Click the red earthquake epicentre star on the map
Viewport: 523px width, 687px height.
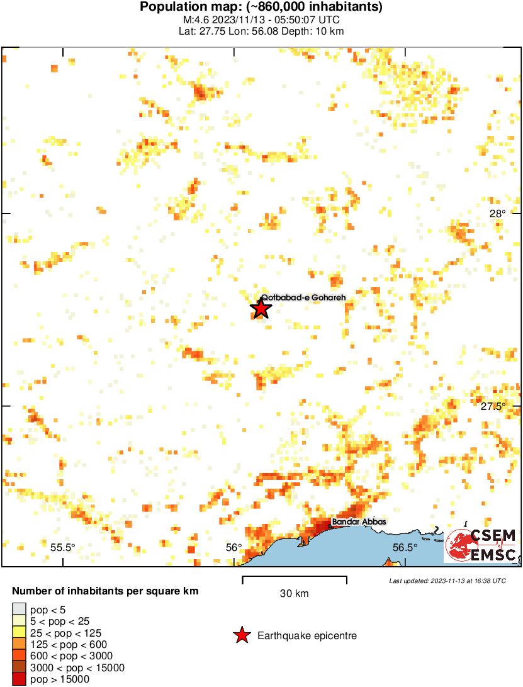point(261,309)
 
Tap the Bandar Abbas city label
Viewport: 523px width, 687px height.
point(359,521)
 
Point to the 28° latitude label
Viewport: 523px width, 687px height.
point(497,213)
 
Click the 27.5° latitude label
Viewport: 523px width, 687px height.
point(493,406)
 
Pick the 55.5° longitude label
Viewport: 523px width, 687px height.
point(63,547)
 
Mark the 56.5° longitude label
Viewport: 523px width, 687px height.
point(405,547)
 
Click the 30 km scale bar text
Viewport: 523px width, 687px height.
point(294,593)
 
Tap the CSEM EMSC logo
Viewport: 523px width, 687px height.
point(481,544)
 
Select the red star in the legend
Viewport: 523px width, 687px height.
point(241,636)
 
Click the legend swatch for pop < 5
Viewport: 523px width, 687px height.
point(20,610)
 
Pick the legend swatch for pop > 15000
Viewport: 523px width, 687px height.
point(20,679)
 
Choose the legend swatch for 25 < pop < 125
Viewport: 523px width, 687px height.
point(20,632)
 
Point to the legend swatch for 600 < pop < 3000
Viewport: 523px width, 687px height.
point(20,656)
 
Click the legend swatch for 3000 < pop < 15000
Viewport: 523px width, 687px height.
point(20,667)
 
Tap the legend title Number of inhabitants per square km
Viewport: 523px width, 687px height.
point(106,591)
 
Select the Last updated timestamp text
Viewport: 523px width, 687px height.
point(447,581)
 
